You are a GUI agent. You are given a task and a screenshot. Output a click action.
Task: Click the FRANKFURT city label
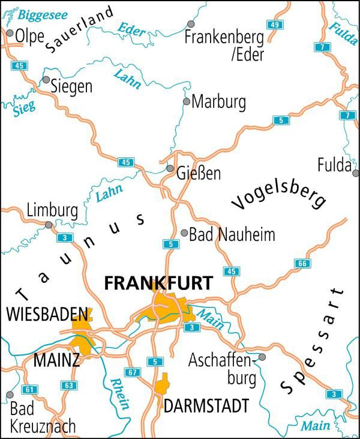pyautogui.click(x=158, y=283)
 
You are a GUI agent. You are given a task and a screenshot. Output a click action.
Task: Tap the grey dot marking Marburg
pyautogui.click(x=187, y=101)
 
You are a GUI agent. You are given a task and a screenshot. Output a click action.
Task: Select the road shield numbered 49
pyautogui.click(x=275, y=25)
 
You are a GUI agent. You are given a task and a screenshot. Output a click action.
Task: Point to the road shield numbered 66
pyautogui.click(x=301, y=264)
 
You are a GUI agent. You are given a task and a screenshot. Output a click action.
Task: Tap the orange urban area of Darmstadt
pyautogui.click(x=161, y=384)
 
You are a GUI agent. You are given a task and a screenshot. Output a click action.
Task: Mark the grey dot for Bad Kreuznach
pyautogui.click(x=10, y=395)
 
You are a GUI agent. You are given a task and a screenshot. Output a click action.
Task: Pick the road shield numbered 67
pyautogui.click(x=133, y=373)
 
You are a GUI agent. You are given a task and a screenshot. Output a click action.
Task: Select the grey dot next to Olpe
pyautogui.click(x=10, y=34)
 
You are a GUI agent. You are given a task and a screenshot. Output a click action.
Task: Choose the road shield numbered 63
pyautogui.click(x=69, y=385)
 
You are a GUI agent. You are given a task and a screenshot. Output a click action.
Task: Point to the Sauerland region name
pyautogui.click(x=79, y=31)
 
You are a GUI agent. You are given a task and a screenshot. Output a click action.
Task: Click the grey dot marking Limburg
pyautogui.click(x=49, y=225)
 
